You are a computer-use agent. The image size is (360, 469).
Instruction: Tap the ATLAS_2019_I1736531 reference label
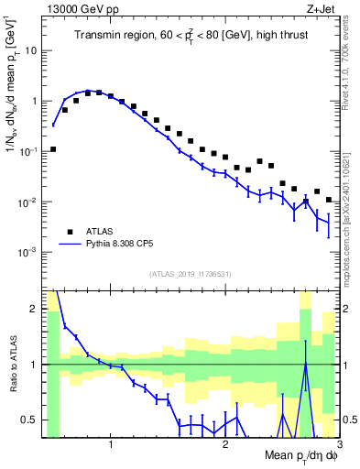(x=190, y=274)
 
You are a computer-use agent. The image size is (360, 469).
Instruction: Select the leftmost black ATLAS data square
(x=53, y=148)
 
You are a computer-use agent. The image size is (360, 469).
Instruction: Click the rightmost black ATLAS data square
(x=329, y=199)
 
